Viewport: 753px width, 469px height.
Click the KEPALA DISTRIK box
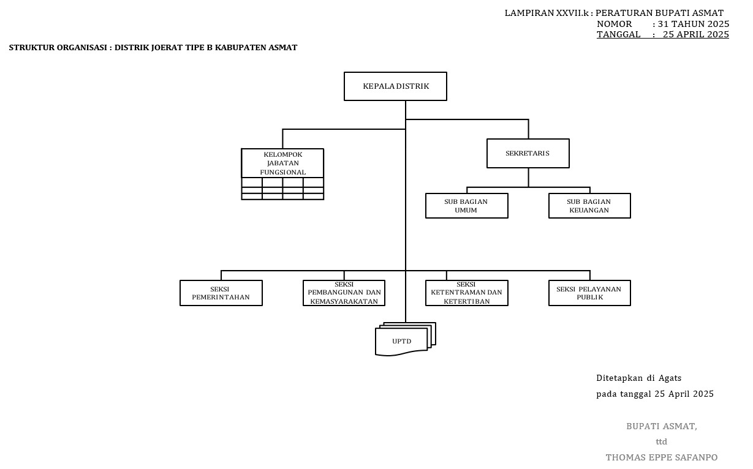tap(395, 86)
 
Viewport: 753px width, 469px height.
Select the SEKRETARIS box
tap(528, 153)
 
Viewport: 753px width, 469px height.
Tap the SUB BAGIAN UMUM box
tap(466, 206)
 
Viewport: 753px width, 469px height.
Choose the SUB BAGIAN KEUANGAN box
tap(589, 206)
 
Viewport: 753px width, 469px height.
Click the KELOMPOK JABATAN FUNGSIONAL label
tap(282, 163)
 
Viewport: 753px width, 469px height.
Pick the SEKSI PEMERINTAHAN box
tap(221, 293)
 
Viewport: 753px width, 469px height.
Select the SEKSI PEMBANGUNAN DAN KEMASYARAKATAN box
tap(344, 293)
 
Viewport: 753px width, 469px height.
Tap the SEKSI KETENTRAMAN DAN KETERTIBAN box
tap(466, 293)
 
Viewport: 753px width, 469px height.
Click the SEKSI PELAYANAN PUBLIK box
tap(589, 293)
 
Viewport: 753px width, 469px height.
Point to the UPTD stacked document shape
tap(402, 341)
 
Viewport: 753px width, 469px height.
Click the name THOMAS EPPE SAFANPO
tap(661, 457)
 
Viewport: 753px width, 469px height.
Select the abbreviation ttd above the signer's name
tap(661, 441)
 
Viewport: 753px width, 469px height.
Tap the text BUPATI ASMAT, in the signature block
tap(661, 426)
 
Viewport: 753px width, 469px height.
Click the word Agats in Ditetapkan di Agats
tap(670, 378)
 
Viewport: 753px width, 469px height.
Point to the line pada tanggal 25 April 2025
tap(654, 394)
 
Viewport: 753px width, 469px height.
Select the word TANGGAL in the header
tap(618, 34)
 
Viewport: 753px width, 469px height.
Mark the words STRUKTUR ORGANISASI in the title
tap(58, 48)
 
